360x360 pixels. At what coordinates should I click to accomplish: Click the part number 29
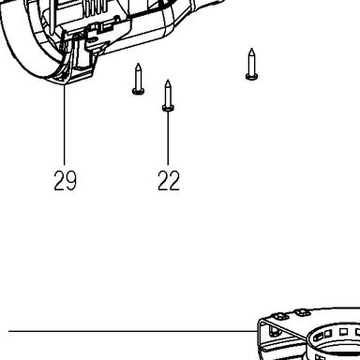pos(65,180)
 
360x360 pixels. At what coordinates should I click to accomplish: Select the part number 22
pos(169,180)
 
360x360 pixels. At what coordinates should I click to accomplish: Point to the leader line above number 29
pos(65,125)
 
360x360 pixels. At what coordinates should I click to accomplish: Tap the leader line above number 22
pos(168,138)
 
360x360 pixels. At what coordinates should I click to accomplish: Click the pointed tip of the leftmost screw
pos(138,64)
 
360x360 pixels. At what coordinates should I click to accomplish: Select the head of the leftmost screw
pos(138,91)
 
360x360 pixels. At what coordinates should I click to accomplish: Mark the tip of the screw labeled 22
pos(168,81)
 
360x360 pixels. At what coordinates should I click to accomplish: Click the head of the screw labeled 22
pos(168,108)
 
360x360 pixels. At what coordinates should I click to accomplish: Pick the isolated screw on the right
pos(251,65)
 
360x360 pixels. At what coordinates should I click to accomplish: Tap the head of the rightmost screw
pos(251,77)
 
